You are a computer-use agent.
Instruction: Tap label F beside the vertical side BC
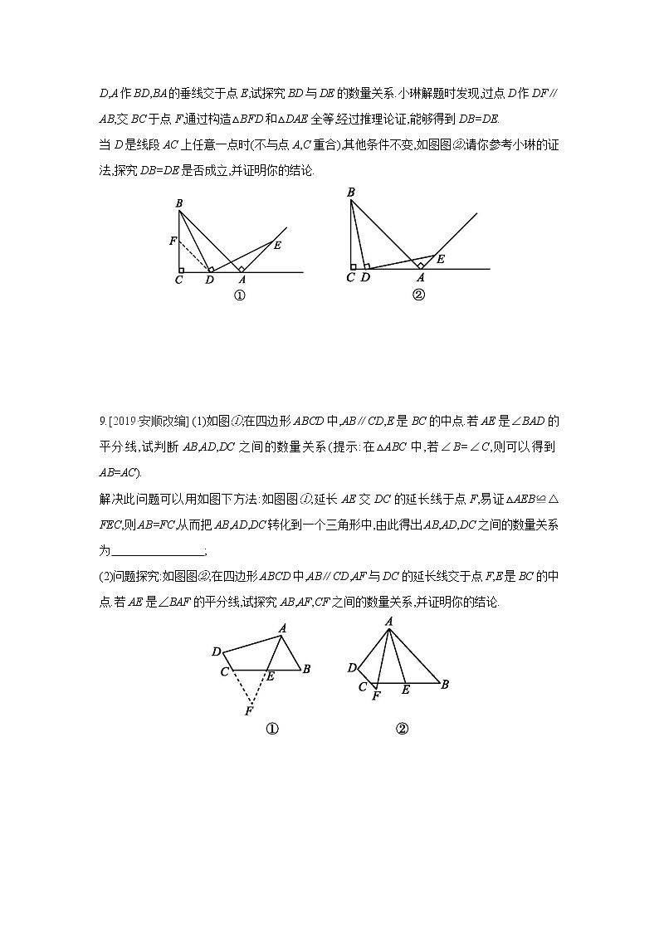pos(172,242)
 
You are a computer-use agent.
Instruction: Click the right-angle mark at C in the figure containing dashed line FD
pos(181,269)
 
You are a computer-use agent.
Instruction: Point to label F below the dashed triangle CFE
pos(249,711)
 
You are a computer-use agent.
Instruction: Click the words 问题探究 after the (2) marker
pos(136,577)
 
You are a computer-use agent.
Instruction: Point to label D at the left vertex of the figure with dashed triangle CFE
pos(216,651)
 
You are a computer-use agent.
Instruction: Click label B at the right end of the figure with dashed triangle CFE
pos(307,668)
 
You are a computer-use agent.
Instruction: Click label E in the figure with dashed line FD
pos(276,245)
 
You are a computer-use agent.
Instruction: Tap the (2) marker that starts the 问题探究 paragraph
pos(106,577)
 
